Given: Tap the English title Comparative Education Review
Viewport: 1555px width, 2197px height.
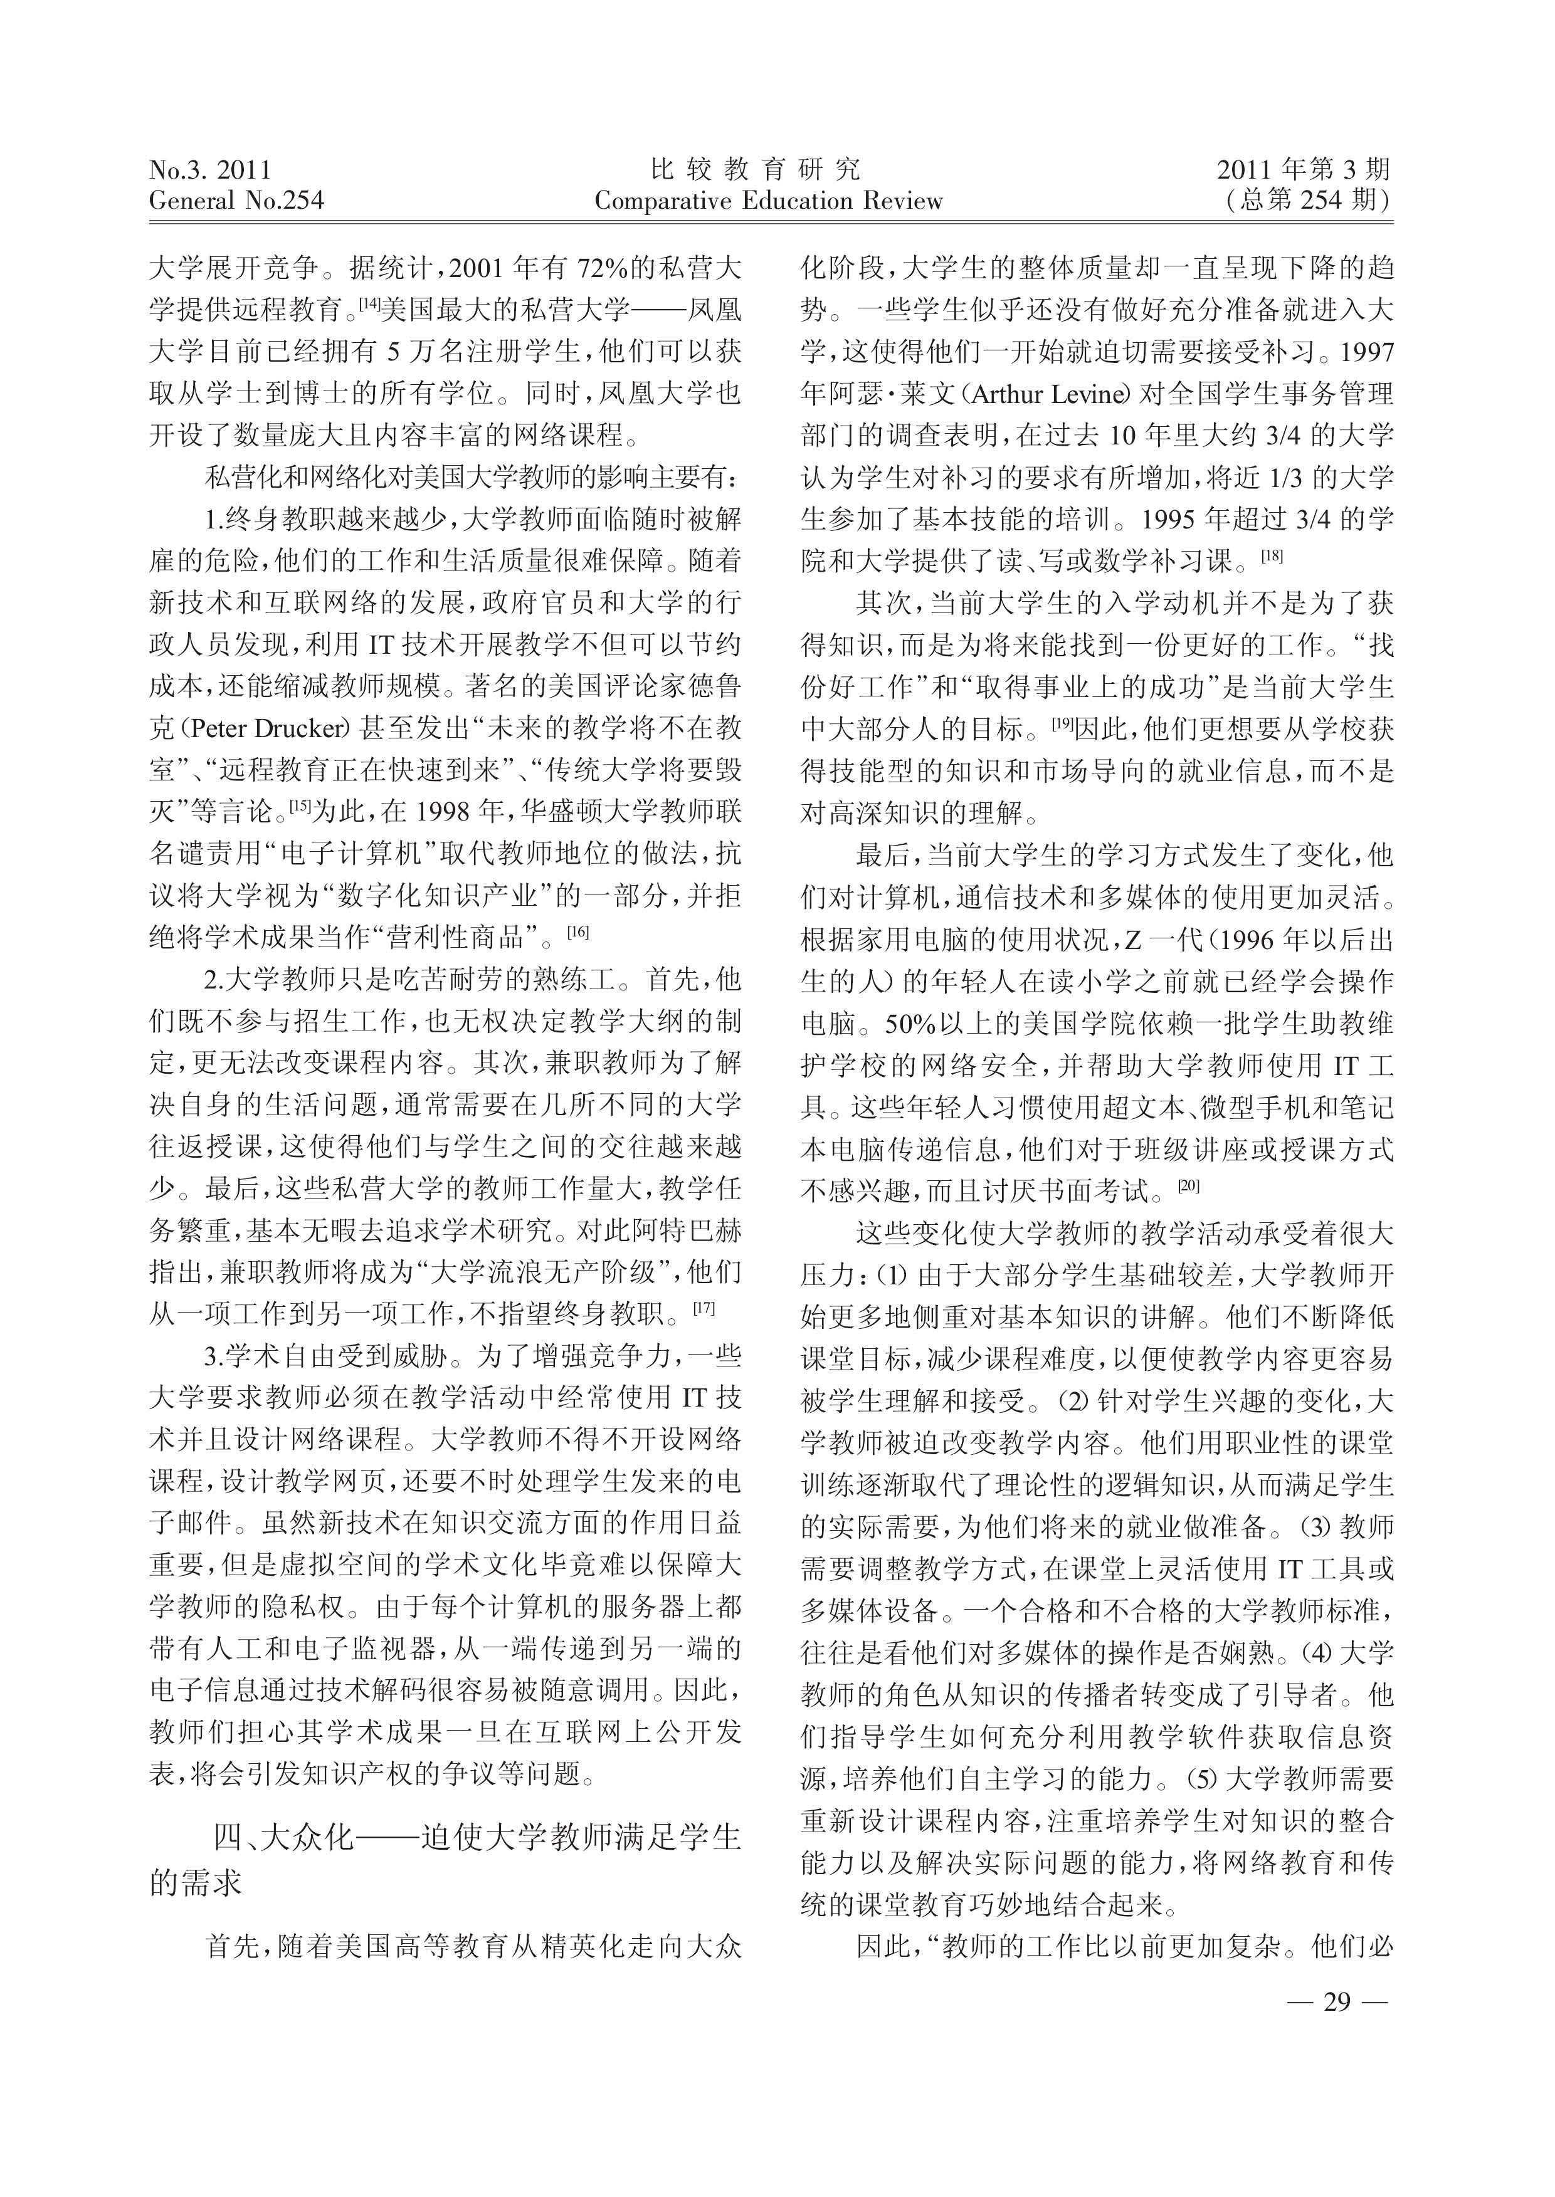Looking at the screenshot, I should click(x=768, y=201).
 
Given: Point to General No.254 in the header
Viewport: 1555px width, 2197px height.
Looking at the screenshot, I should click(x=236, y=201).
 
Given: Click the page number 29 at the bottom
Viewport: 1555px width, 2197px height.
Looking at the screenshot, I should click(x=1335, y=2001).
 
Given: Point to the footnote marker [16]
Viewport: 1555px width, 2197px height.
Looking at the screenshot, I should click(x=578, y=930).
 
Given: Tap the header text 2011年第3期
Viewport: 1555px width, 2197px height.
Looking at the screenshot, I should click(x=1303, y=170).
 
